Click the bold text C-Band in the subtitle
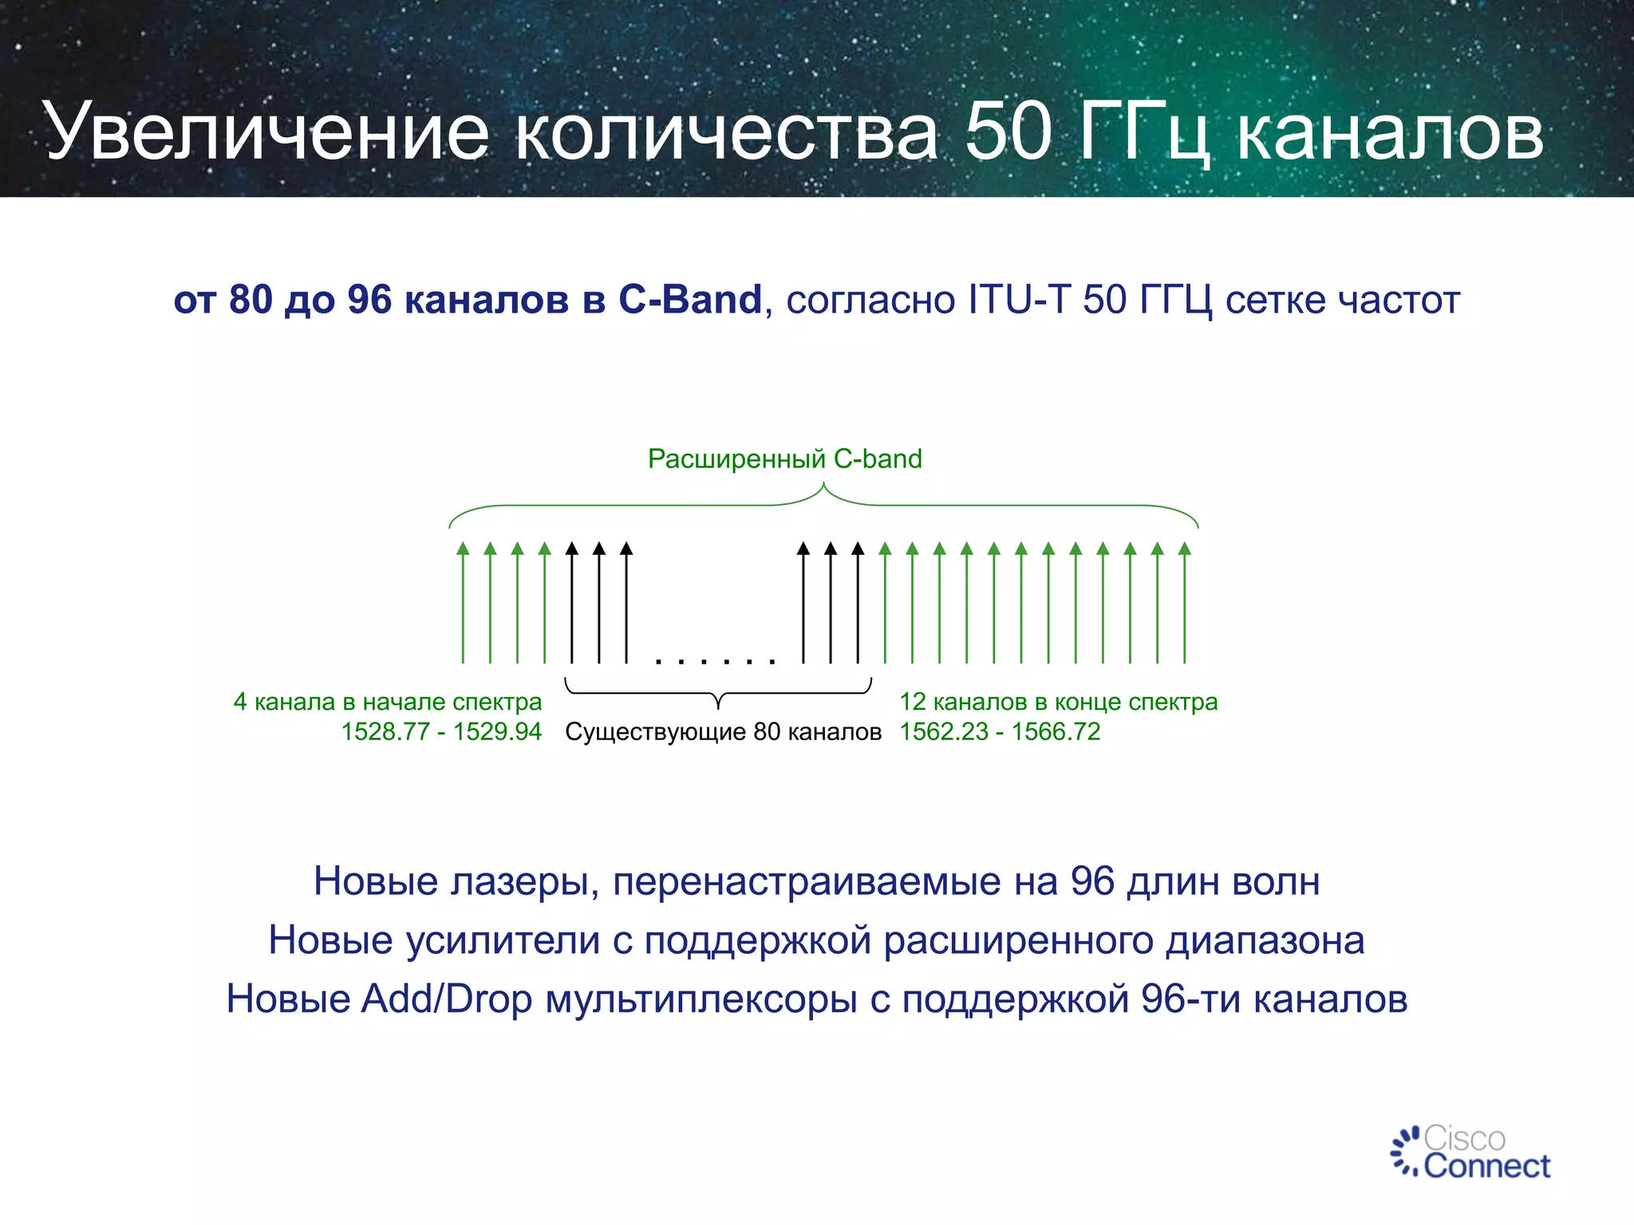(x=690, y=300)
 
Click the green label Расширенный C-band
(x=784, y=459)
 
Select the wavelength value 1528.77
(x=385, y=731)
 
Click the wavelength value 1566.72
(x=1056, y=731)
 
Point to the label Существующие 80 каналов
(x=723, y=731)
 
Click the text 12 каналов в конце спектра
(x=1059, y=702)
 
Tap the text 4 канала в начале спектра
(x=388, y=702)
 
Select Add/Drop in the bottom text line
(x=447, y=999)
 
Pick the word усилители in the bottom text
(x=503, y=940)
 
